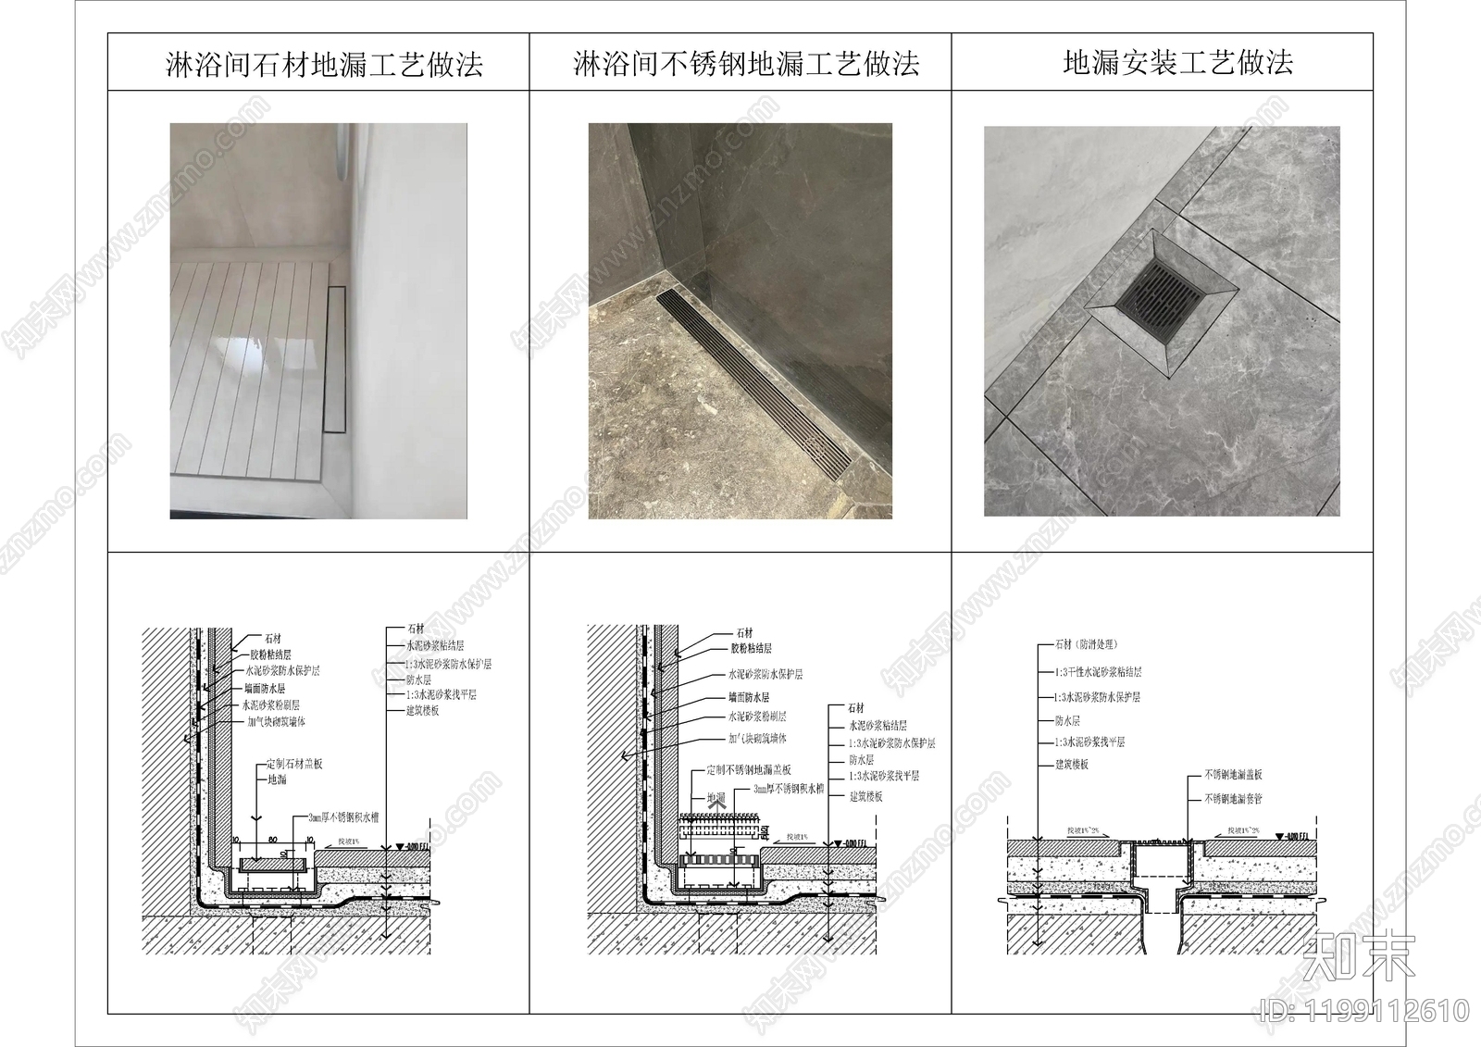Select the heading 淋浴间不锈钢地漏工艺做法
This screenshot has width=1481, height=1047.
coord(746,64)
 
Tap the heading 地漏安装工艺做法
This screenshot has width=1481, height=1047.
coord(1177,63)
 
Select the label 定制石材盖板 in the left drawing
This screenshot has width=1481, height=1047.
coord(294,765)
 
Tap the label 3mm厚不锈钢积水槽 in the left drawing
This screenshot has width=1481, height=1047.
coord(347,818)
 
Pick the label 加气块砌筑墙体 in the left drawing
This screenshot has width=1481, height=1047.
coord(276,721)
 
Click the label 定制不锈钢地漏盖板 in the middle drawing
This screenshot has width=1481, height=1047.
coord(748,769)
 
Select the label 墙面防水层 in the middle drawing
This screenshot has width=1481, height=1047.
coord(748,697)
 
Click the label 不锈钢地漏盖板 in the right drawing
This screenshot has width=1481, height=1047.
coord(1233,775)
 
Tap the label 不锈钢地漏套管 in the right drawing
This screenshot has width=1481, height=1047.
coord(1233,798)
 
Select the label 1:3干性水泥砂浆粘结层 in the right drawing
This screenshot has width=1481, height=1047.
coord(1098,673)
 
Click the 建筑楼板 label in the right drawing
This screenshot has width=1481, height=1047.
coord(1072,765)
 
